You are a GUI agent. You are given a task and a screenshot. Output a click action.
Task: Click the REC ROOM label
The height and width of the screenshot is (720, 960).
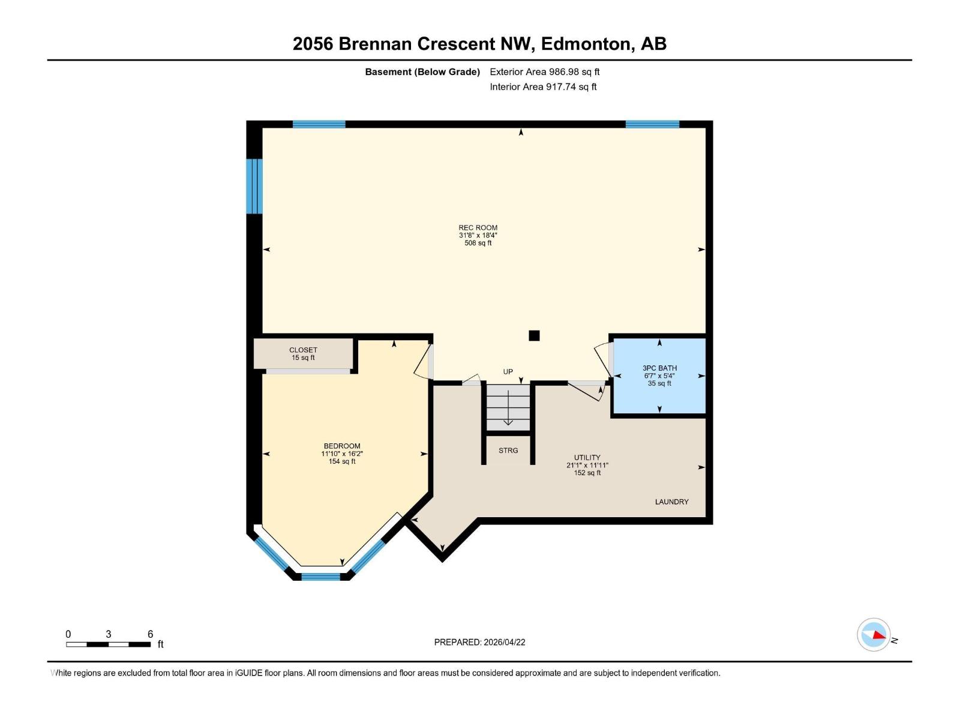click(x=478, y=227)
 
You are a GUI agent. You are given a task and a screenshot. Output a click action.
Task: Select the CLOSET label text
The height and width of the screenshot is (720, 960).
click(x=303, y=350)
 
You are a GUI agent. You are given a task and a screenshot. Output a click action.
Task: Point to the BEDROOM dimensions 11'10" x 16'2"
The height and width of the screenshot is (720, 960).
click(x=342, y=454)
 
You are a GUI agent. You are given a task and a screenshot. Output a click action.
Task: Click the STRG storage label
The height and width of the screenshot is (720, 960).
click(x=508, y=450)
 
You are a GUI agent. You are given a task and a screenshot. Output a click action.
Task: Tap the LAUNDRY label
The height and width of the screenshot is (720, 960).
click(x=671, y=502)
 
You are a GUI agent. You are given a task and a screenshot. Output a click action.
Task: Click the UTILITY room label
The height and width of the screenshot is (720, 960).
click(x=587, y=457)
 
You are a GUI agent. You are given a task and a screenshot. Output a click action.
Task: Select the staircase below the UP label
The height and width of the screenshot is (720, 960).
click(x=508, y=407)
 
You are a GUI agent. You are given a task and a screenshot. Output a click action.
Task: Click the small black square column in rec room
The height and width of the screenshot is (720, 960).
click(x=534, y=336)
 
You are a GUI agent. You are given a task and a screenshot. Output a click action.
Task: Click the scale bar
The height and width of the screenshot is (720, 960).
click(x=108, y=644)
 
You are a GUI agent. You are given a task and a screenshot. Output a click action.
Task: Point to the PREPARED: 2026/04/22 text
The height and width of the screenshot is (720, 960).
click(x=479, y=642)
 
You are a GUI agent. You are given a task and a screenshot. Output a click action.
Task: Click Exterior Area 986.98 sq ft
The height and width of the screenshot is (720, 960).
click(x=544, y=71)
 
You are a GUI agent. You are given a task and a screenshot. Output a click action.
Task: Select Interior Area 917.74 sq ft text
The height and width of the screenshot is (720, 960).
click(x=543, y=86)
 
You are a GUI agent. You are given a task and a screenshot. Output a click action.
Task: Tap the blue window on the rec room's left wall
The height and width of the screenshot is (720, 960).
click(x=255, y=186)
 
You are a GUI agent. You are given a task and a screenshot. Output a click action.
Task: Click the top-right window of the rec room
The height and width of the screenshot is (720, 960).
click(x=652, y=124)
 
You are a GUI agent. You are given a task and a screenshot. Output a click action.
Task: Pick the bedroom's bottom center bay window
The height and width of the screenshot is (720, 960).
click(x=320, y=577)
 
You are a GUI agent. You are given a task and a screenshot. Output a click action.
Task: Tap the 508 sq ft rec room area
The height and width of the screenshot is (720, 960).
click(x=478, y=243)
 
